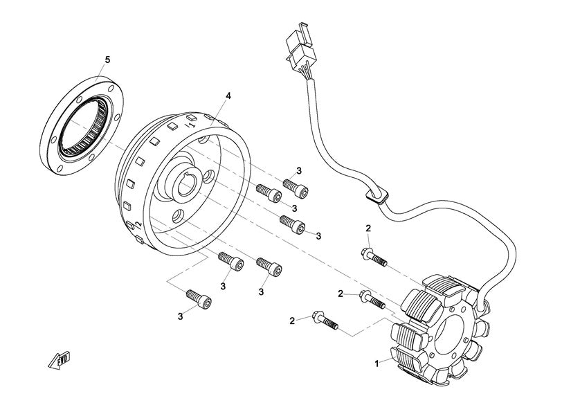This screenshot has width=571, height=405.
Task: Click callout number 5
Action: tap(107, 59)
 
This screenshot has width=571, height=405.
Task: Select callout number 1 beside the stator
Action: tap(377, 363)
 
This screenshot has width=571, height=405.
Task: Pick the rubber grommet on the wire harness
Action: tap(377, 196)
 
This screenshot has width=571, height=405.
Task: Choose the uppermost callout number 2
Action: tap(368, 228)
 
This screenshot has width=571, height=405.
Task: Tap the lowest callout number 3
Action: tap(180, 316)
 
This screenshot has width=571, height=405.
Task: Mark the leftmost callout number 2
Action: tap(292, 320)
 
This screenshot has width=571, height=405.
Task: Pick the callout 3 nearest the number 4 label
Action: tap(299, 170)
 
